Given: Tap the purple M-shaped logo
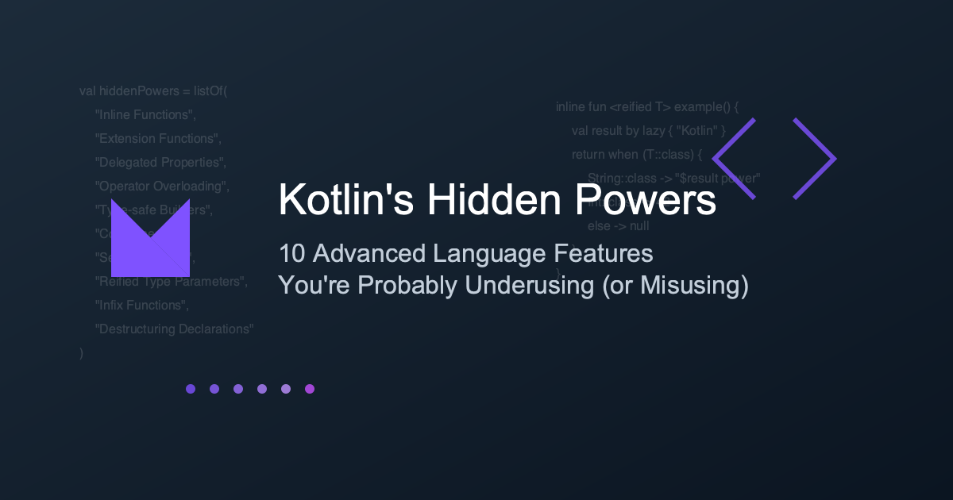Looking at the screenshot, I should point(151,233).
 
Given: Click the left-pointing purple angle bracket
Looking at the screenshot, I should point(733,159).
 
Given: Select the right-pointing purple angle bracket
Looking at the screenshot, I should point(815,159).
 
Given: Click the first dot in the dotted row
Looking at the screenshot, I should point(191,389).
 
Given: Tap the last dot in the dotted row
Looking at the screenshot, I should point(310,389).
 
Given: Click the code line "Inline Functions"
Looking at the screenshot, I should point(145,115).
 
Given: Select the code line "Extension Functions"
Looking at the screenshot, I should point(158,139).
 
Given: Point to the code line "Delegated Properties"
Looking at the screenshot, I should point(161,163).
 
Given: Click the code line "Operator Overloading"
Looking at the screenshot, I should point(162,187).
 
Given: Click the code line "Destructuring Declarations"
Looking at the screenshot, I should point(174,329).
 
